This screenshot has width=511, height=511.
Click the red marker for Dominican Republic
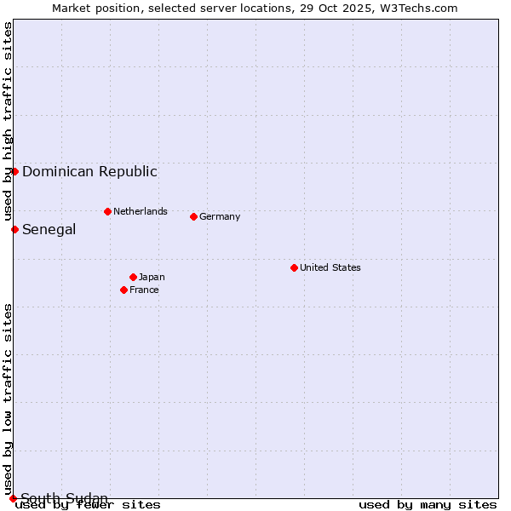click(x=14, y=171)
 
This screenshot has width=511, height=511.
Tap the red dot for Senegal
click(x=14, y=229)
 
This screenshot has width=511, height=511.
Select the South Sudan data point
click(x=13, y=498)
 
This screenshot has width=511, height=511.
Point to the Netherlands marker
click(x=107, y=211)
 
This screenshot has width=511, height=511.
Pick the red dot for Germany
click(x=193, y=216)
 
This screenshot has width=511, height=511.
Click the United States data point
click(x=294, y=267)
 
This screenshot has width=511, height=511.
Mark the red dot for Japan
click(x=133, y=277)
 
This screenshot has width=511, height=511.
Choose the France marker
click(x=124, y=290)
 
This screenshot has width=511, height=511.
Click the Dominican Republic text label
click(x=89, y=171)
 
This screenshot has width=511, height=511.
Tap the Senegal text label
click(x=49, y=229)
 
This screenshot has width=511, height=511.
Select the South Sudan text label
click(x=64, y=498)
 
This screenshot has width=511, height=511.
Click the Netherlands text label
click(x=140, y=211)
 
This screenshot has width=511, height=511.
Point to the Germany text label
click(x=220, y=216)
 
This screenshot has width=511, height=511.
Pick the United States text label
click(x=330, y=267)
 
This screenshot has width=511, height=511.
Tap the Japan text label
click(x=152, y=277)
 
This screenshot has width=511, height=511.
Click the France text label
click(x=144, y=290)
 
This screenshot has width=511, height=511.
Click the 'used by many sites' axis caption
click(x=428, y=505)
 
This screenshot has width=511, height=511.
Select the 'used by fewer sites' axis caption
click(x=88, y=505)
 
